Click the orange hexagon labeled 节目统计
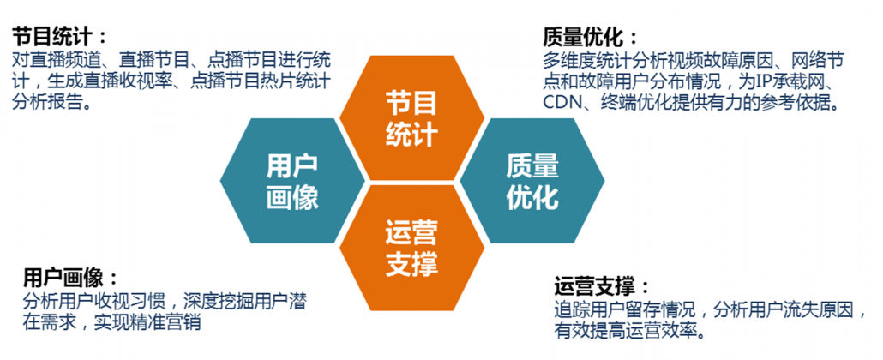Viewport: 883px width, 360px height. click(x=411, y=117)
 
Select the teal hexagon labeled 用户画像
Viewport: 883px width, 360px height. click(x=292, y=180)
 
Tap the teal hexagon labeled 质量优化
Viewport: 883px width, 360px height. click(x=532, y=180)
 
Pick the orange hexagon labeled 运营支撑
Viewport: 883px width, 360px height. click(x=411, y=245)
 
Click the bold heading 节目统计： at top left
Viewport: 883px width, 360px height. click(x=61, y=38)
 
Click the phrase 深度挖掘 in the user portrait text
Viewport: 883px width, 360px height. click(x=218, y=302)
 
